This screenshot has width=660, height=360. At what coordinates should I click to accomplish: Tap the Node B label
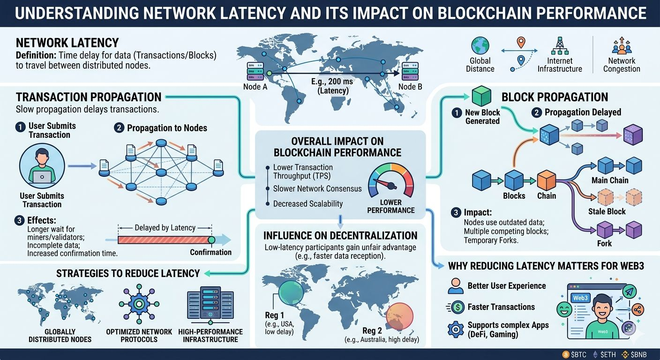[x=410, y=86]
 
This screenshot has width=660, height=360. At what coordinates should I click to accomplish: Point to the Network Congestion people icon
[x=622, y=46]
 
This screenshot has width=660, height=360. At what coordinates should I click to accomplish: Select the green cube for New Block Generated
[x=480, y=97]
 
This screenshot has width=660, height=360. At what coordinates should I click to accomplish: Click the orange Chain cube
[x=546, y=180]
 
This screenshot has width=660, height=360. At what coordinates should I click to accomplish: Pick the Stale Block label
[x=607, y=211]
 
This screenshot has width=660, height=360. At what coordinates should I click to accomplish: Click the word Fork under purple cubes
[x=604, y=243]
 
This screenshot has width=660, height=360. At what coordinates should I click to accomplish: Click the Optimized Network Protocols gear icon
[x=139, y=304]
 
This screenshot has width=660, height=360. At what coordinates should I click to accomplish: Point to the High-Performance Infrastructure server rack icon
[x=210, y=304]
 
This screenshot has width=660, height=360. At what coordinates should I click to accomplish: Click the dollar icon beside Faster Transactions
[x=455, y=307]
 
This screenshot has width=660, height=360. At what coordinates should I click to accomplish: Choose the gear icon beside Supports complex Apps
[x=456, y=329]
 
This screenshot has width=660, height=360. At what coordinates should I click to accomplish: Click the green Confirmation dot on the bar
[x=211, y=240]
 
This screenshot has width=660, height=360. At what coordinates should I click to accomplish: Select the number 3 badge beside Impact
[x=456, y=212]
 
